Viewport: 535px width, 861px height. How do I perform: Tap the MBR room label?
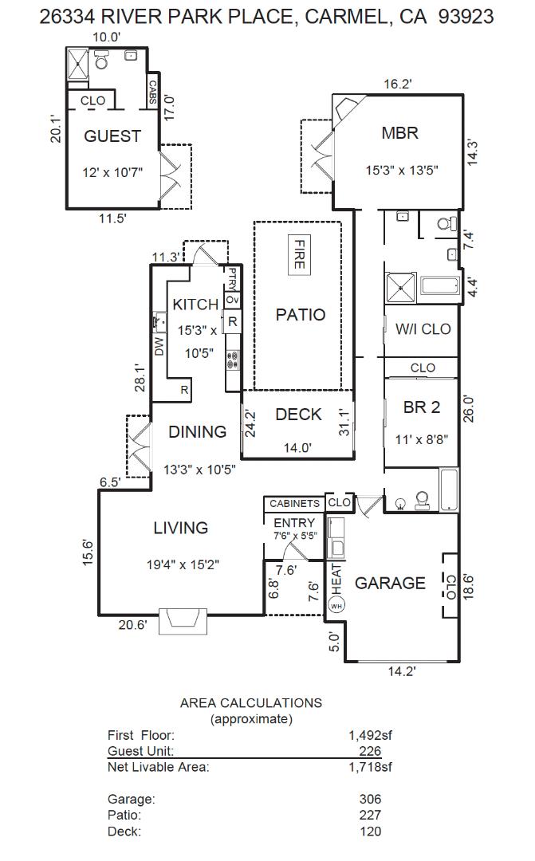pyautogui.click(x=399, y=133)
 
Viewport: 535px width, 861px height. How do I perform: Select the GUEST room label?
pyautogui.click(x=112, y=136)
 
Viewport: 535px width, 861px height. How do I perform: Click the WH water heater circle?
pyautogui.click(x=335, y=605)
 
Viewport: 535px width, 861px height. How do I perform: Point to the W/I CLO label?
pyautogui.click(x=423, y=328)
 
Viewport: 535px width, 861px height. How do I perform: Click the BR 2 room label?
pyautogui.click(x=421, y=407)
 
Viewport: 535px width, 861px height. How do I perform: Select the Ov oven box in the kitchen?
pyautogui.click(x=232, y=300)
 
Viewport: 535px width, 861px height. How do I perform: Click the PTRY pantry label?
pyautogui.click(x=232, y=278)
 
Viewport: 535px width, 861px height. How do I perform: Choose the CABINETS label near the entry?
pyautogui.click(x=294, y=504)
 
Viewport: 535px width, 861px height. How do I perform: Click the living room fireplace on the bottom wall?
pyautogui.click(x=183, y=622)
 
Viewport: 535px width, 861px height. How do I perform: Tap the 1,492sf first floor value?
pyautogui.click(x=369, y=736)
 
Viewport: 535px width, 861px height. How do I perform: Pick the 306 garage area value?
pyautogui.click(x=370, y=799)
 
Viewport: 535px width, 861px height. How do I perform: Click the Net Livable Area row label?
pyautogui.click(x=158, y=768)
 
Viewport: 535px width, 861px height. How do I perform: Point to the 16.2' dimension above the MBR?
pyautogui.click(x=398, y=84)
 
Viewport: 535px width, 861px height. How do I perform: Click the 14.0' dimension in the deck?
pyautogui.click(x=297, y=448)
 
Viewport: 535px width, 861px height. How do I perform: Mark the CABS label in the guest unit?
pyautogui.click(x=151, y=92)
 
